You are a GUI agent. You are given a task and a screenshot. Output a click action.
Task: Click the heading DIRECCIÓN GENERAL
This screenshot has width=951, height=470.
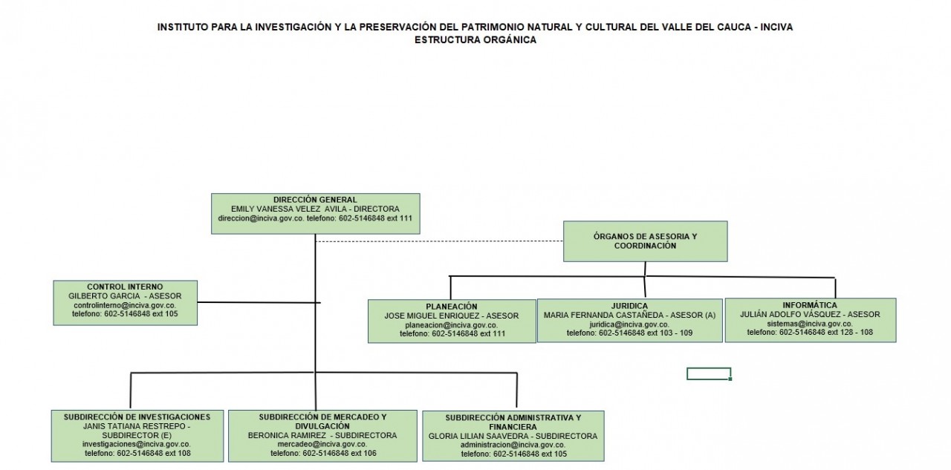(x=315, y=200)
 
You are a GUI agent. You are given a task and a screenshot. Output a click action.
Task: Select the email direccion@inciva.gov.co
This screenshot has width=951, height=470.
(x=261, y=218)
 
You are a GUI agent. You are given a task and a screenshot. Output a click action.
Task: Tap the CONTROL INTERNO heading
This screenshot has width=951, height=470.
(x=125, y=287)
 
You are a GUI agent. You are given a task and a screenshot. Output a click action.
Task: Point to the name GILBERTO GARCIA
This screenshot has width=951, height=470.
(x=104, y=296)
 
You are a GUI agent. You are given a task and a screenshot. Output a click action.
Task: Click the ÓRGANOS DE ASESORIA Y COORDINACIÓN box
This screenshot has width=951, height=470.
(x=646, y=241)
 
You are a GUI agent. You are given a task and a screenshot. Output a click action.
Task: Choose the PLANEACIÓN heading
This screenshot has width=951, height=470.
(x=452, y=307)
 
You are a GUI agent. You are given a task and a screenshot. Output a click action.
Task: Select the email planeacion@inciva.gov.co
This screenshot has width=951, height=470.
(x=452, y=325)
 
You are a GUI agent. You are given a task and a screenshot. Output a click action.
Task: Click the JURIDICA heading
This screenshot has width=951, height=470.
(x=629, y=306)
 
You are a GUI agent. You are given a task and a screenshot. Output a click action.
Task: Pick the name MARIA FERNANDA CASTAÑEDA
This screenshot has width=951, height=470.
(x=602, y=315)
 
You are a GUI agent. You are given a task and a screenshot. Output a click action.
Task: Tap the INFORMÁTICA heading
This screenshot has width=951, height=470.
(x=810, y=305)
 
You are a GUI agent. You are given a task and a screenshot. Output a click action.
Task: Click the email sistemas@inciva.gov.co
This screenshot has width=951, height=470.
(x=810, y=324)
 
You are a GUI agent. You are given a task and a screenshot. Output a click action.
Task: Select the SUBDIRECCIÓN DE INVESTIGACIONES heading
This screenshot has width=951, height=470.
(x=137, y=417)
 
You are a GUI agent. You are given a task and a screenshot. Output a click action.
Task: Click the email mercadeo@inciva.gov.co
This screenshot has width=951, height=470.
(x=322, y=444)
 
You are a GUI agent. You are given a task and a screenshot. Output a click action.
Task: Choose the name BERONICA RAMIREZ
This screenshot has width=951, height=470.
(x=287, y=436)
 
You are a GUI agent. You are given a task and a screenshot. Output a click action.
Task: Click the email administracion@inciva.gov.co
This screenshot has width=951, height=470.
(x=513, y=445)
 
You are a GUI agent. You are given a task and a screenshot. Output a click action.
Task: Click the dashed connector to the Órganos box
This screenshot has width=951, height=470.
(x=439, y=241)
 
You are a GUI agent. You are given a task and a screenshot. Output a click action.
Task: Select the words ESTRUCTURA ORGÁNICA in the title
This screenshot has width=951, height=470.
(x=475, y=40)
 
